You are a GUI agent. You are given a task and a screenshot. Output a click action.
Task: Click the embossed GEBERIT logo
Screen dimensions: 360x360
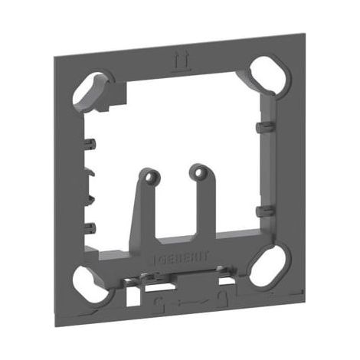[x=182, y=258]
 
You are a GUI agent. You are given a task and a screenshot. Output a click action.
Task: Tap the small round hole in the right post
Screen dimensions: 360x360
[x=199, y=173]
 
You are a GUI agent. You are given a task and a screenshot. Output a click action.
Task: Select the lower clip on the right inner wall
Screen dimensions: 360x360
[x=265, y=211]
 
